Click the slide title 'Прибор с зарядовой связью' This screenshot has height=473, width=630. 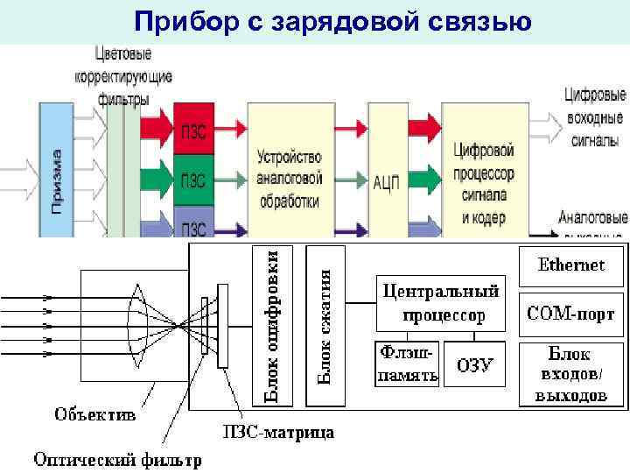[332, 21]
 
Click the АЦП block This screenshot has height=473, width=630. [387, 181]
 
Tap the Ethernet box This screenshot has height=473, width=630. [571, 265]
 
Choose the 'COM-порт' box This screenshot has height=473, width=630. [571, 314]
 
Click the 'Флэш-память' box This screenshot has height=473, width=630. [406, 364]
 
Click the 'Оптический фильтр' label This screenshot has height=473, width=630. [117, 459]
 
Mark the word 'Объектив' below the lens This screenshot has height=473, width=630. [95, 413]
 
